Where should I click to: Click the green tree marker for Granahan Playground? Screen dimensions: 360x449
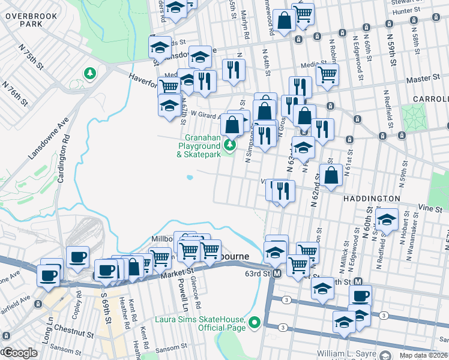(x=229, y=145)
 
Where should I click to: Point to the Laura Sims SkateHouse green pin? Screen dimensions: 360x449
(x=255, y=323)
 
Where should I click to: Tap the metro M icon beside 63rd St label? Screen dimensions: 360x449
(x=277, y=274)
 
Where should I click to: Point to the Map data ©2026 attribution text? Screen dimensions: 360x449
(x=423, y=355)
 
